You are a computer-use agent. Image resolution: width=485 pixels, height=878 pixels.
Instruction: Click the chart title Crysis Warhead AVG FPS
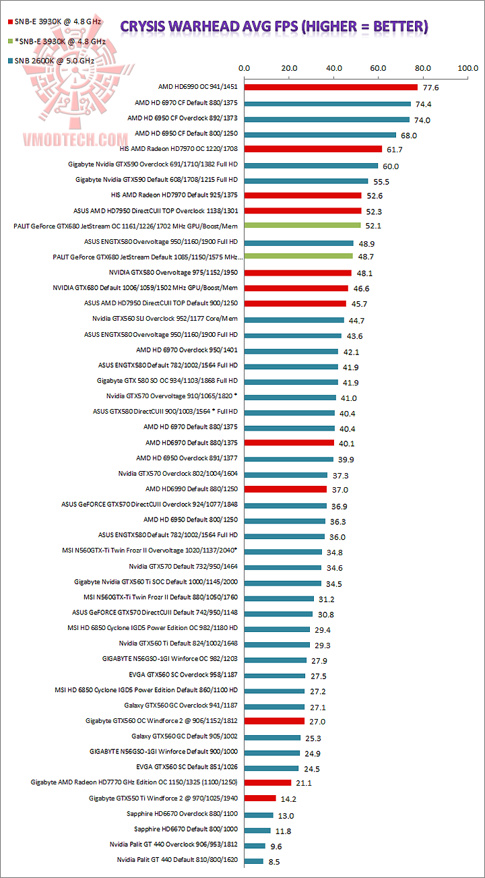pyautogui.click(x=273, y=27)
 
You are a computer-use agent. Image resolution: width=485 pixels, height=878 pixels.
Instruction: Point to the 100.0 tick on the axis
pyautogui.click(x=467, y=68)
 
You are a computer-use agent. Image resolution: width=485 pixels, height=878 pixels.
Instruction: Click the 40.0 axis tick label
pyautogui.click(x=333, y=68)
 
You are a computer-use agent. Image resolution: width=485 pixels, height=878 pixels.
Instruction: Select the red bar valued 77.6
pyautogui.click(x=331, y=88)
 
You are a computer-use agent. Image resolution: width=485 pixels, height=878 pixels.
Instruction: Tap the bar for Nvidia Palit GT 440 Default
pyautogui.click(x=254, y=860)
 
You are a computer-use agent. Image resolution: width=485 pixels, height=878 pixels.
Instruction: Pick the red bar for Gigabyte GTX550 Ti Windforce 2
pyautogui.click(x=260, y=798)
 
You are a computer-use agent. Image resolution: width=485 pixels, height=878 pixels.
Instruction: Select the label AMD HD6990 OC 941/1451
pyautogui.click(x=197, y=88)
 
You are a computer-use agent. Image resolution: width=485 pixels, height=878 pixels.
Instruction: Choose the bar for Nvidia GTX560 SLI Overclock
pyautogui.click(x=294, y=319)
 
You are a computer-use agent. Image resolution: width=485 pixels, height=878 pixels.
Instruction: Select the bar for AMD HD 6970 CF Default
pyautogui.click(x=327, y=103)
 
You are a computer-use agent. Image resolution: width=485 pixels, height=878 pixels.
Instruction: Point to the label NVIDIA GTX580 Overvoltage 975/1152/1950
pyautogui.click(x=173, y=272)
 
